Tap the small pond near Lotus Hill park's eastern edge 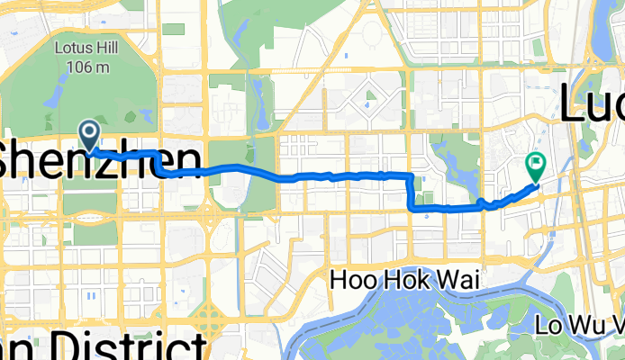[145, 115]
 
